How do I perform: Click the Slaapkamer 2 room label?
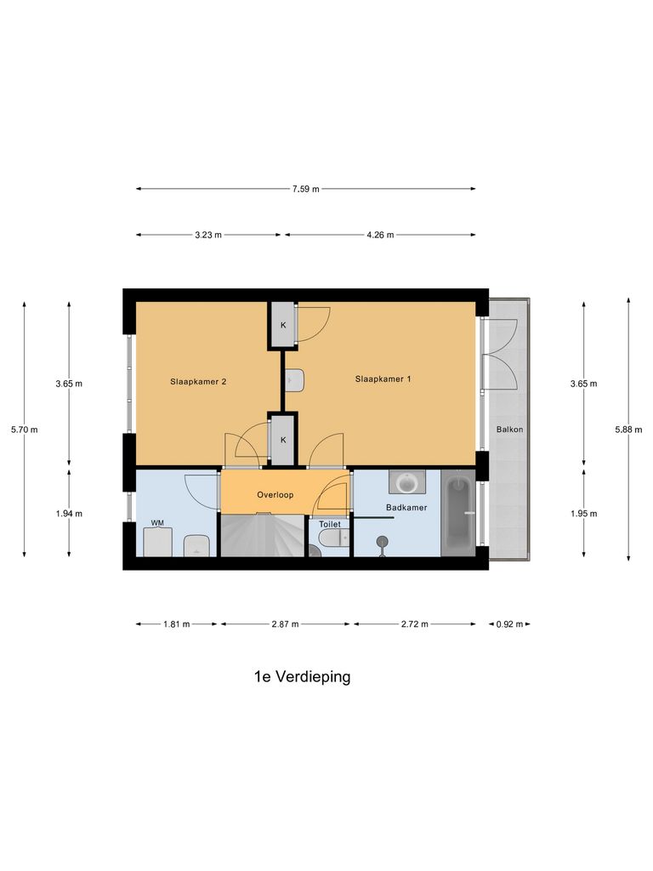(198, 382)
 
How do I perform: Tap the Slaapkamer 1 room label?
(383, 379)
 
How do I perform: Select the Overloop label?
(275, 494)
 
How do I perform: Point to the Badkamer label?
(406, 507)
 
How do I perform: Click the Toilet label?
(330, 525)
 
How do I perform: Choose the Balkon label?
(509, 430)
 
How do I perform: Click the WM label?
(157, 522)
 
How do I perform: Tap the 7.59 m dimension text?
(305, 189)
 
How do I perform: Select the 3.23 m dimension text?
(207, 235)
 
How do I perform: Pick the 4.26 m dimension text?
(379, 235)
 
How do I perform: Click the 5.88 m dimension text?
(628, 430)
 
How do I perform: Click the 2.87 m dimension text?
(285, 624)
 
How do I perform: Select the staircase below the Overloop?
(263, 536)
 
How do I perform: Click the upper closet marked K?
(283, 325)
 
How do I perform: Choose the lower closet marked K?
(283, 440)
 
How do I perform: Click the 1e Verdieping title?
(302, 677)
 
